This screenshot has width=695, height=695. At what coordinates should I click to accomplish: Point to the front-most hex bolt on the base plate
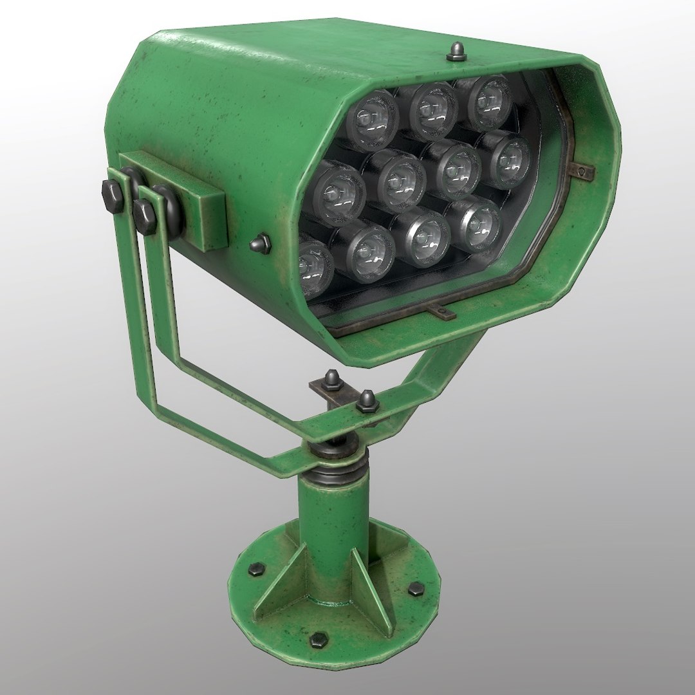point(318,639)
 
